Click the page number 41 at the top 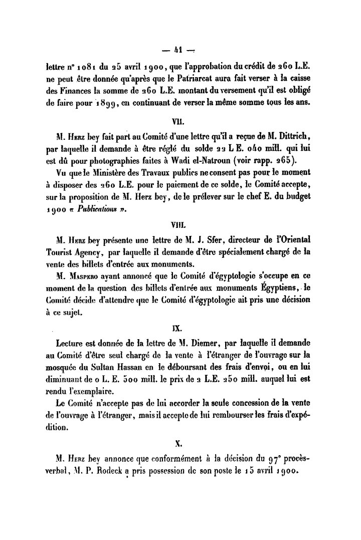176,50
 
